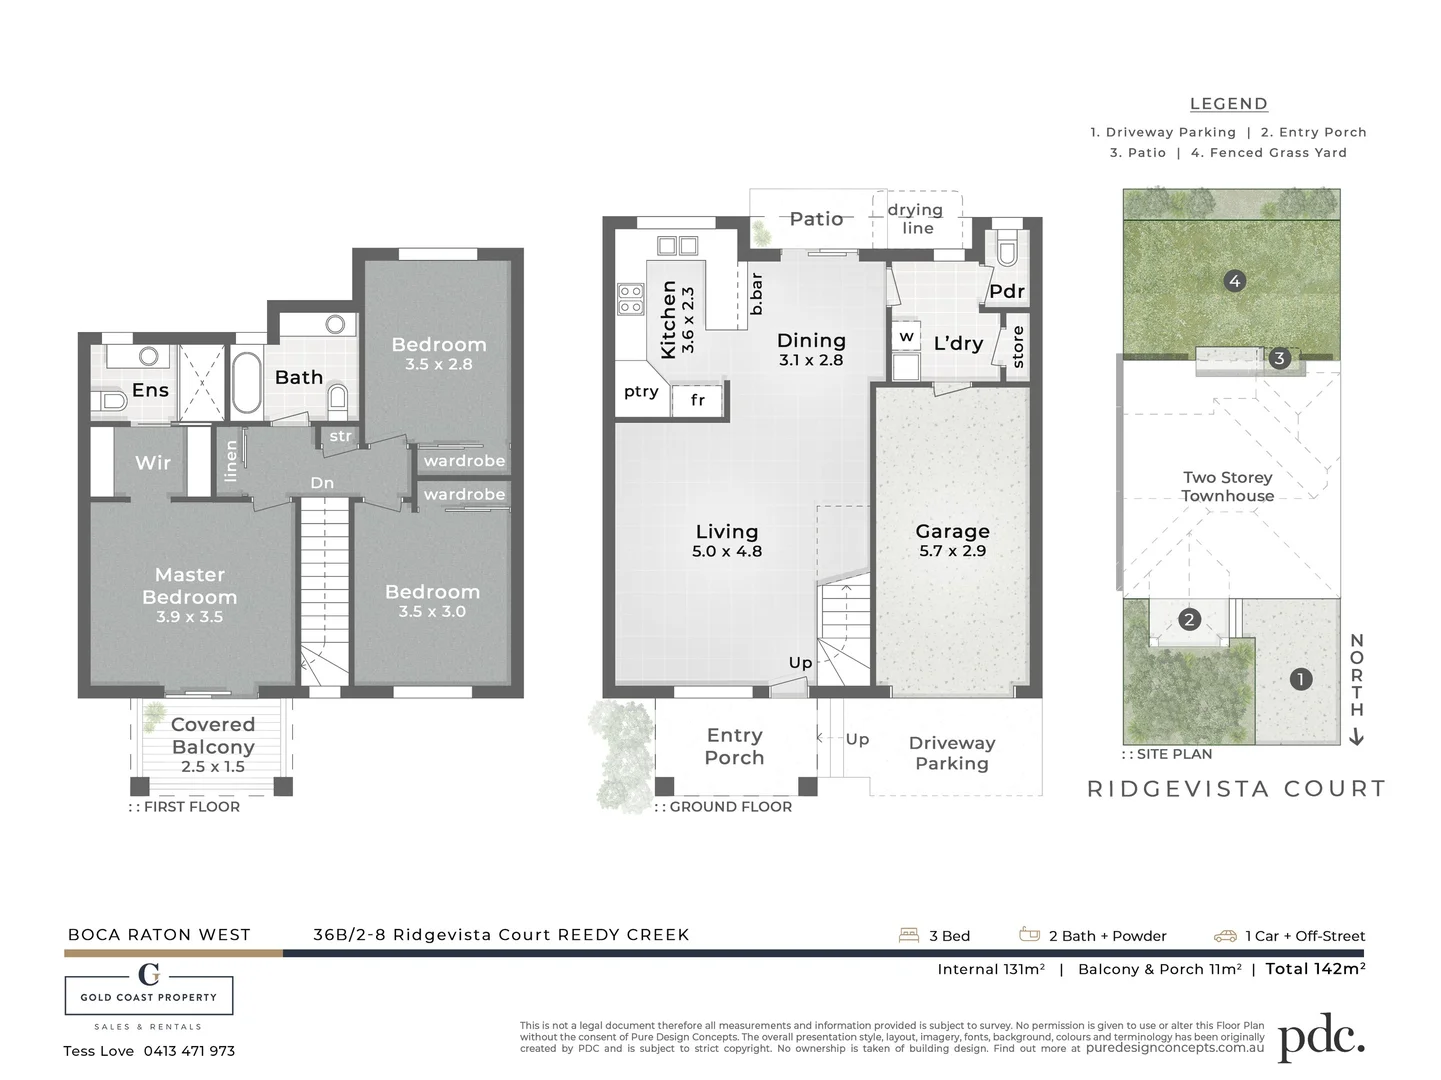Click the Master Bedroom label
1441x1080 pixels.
190,586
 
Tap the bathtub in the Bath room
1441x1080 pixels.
246,382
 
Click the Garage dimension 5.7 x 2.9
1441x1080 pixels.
952,551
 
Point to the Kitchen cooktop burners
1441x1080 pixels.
630,299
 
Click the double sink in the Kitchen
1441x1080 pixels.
677,245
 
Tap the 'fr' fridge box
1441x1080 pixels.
698,400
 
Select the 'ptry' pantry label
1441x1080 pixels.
641,391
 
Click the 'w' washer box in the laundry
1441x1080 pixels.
906,337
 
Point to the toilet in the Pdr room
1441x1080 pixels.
1005,247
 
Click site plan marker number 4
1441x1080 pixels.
1234,281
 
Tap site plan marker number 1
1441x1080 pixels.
1300,679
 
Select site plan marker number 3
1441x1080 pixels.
1279,358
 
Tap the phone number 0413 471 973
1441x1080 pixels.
189,1051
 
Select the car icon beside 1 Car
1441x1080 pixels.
1225,936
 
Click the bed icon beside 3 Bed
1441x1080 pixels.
909,935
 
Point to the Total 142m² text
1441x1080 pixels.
1315,968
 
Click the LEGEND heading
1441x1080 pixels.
1228,104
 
